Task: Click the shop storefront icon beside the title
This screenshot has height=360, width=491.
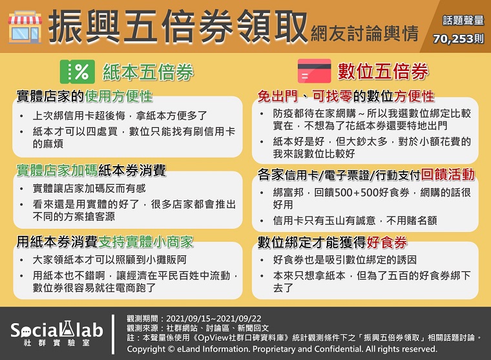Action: [x=25, y=27]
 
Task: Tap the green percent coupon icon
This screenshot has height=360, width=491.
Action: [x=78, y=72]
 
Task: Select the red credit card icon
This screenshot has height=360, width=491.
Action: [x=314, y=71]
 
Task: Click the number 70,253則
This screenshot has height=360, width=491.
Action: [x=459, y=39]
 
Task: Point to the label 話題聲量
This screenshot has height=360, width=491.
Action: [x=463, y=21]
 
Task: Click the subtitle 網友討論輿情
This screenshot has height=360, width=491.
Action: [x=364, y=33]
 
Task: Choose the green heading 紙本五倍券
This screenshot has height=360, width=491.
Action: [x=148, y=72]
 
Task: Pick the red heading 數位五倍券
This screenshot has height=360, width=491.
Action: [x=382, y=71]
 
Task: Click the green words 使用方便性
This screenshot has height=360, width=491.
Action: [x=119, y=96]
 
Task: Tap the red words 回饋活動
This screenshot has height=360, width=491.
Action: [x=448, y=175]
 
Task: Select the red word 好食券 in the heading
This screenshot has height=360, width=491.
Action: [x=387, y=242]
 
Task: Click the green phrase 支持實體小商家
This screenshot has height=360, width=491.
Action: [x=146, y=242]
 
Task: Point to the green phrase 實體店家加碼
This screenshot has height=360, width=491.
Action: [x=57, y=170]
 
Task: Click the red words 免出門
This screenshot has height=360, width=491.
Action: [x=277, y=96]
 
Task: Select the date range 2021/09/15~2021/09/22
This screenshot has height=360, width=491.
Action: [x=214, y=319]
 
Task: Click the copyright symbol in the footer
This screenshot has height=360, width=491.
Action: [x=171, y=349]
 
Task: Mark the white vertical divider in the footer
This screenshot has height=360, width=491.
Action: [x=112, y=334]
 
